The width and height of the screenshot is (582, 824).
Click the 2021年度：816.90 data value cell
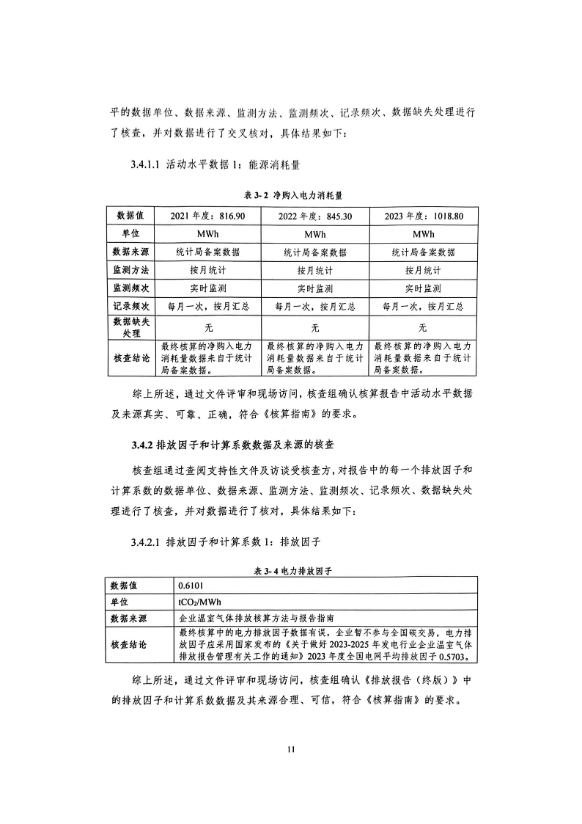pyautogui.click(x=207, y=216)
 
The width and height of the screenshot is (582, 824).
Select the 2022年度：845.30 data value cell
pyautogui.click(x=315, y=216)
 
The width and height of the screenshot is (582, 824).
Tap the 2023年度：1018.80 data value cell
pyautogui.click(x=423, y=216)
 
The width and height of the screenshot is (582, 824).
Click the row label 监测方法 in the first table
pyautogui.click(x=130, y=270)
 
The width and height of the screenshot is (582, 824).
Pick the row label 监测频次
pyautogui.click(x=130, y=288)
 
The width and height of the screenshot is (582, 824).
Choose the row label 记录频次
pyautogui.click(x=130, y=306)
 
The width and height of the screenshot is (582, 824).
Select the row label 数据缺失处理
pyautogui.click(x=130, y=327)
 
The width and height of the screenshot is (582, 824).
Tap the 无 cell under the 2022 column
pyautogui.click(x=315, y=327)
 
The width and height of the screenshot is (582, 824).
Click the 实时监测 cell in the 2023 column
pyautogui.click(x=423, y=288)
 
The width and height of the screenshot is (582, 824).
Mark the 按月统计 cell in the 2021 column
pyautogui.click(x=207, y=270)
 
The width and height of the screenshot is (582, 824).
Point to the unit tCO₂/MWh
pyautogui.click(x=200, y=601)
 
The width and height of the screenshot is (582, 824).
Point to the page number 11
pyautogui.click(x=291, y=749)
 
